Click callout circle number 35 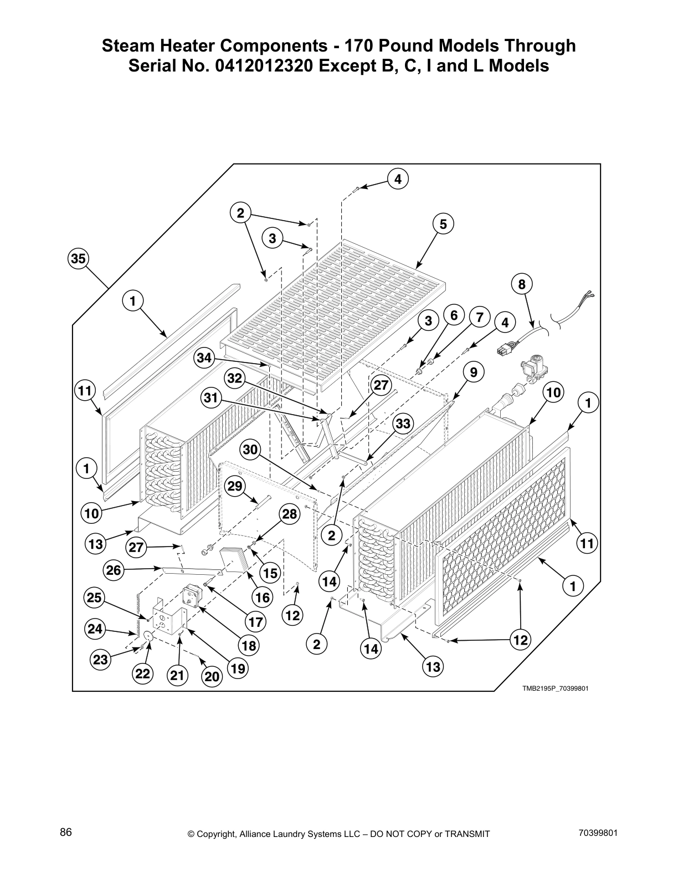[x=78, y=258]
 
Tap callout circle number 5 [x=443, y=224]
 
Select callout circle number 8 [x=521, y=285]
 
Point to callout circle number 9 [x=474, y=372]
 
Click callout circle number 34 [x=204, y=358]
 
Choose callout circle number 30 [x=251, y=450]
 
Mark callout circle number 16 [x=262, y=597]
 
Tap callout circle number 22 [x=142, y=674]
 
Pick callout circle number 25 [x=95, y=598]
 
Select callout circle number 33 [x=403, y=424]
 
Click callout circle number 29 [x=235, y=486]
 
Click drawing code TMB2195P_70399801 [x=554, y=688]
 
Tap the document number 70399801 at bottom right [x=597, y=833]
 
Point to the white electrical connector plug [x=504, y=350]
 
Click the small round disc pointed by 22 [x=148, y=636]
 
